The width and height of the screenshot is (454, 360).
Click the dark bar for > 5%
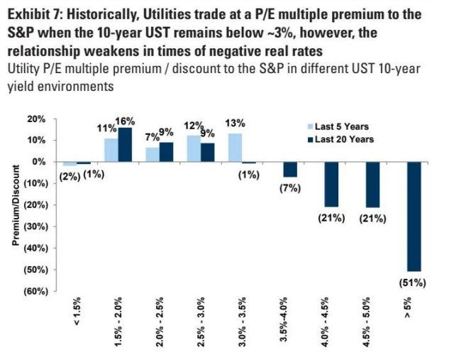(414, 216)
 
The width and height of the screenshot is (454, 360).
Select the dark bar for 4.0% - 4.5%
(331, 184)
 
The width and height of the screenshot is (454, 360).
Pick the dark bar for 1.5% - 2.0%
(126, 144)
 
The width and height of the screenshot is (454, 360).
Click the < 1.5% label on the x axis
(77, 314)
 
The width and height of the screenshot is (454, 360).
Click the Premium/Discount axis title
(15, 204)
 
